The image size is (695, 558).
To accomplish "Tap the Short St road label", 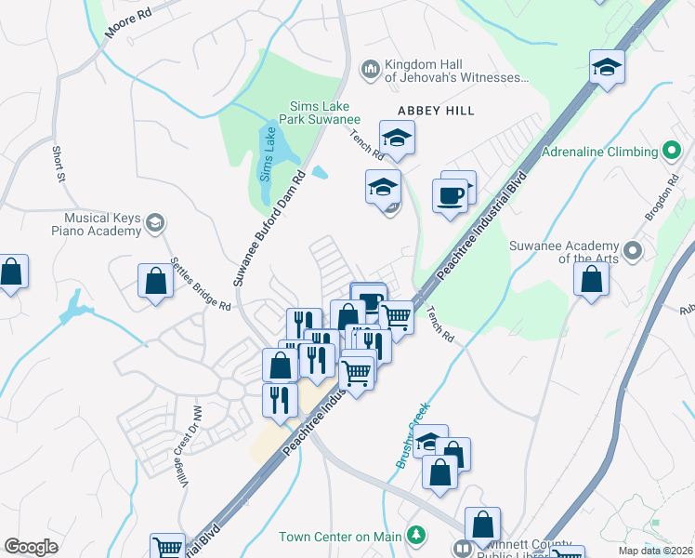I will click(x=58, y=165).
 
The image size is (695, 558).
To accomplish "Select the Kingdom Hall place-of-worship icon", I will click(x=370, y=70).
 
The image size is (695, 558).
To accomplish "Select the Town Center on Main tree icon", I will click(x=417, y=536).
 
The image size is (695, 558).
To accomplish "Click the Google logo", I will click(x=32, y=547).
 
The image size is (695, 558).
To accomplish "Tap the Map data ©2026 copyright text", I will click(x=655, y=551).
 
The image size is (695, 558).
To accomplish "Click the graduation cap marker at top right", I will click(x=607, y=67).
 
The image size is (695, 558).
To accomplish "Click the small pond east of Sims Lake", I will click(x=320, y=172).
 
